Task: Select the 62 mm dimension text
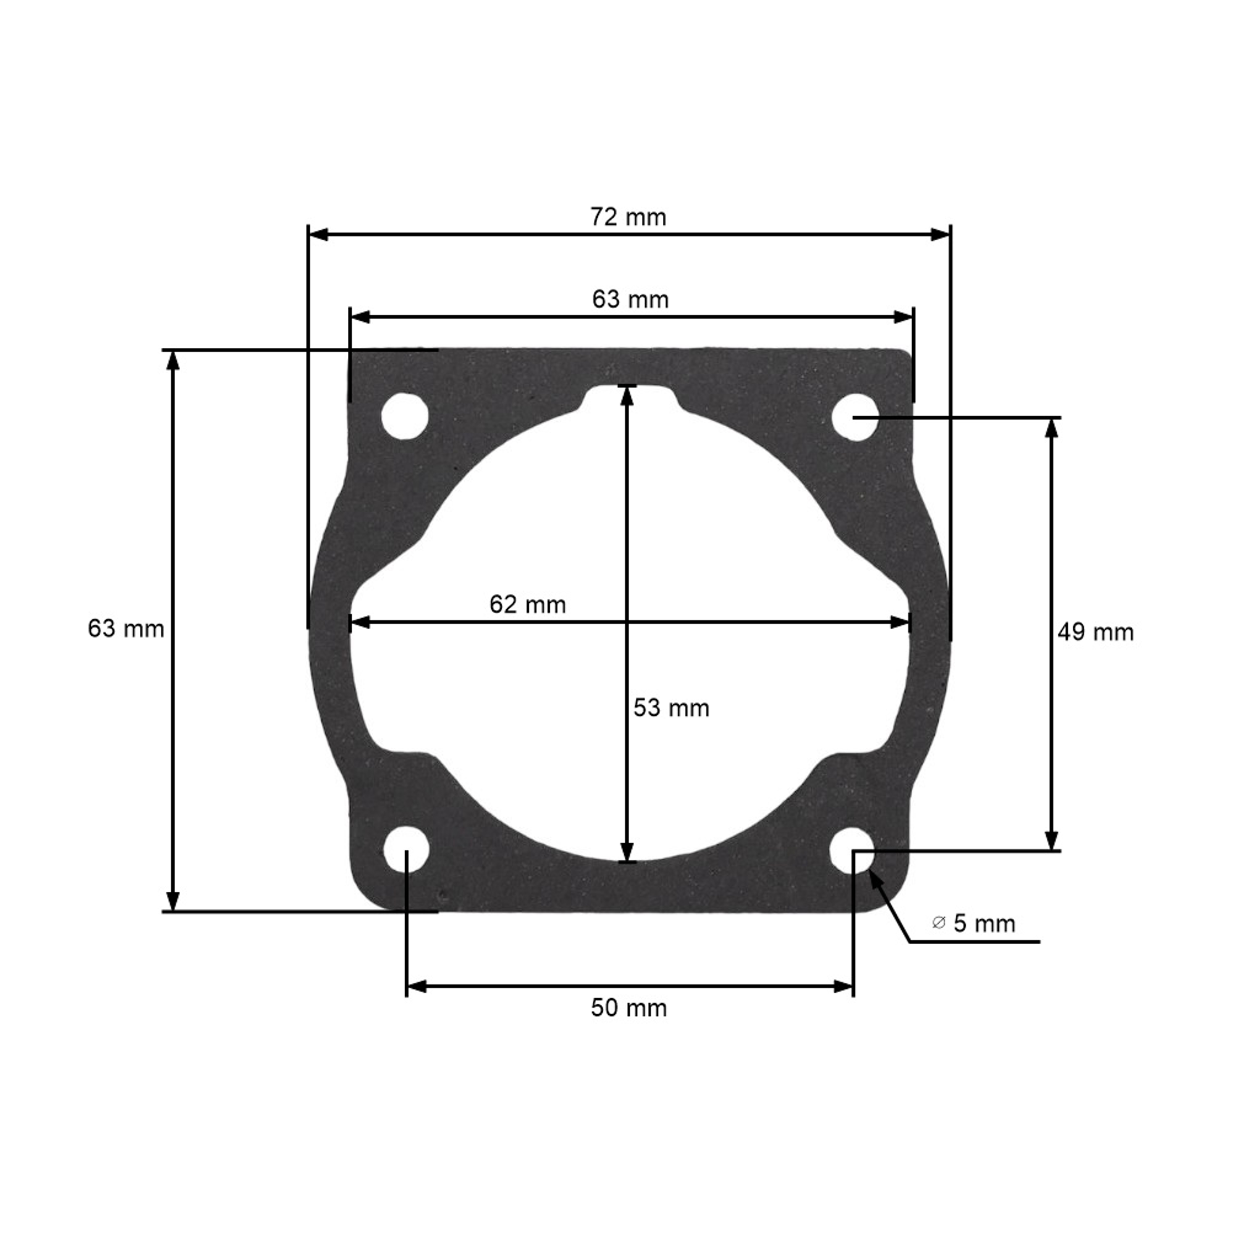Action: pos(528,604)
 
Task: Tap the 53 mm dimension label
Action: pos(671,708)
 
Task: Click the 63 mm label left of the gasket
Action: pos(126,629)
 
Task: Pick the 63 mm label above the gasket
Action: pos(630,299)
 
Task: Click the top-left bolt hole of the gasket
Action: pos(405,416)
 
